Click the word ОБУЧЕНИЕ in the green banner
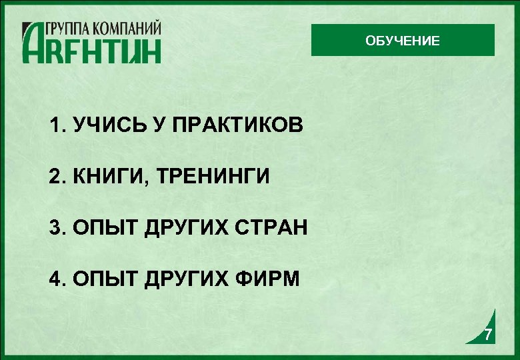[402, 41]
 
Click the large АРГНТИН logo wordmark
[91, 49]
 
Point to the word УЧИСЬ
[107, 125]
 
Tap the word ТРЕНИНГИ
[213, 177]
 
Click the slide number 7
[489, 335]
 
